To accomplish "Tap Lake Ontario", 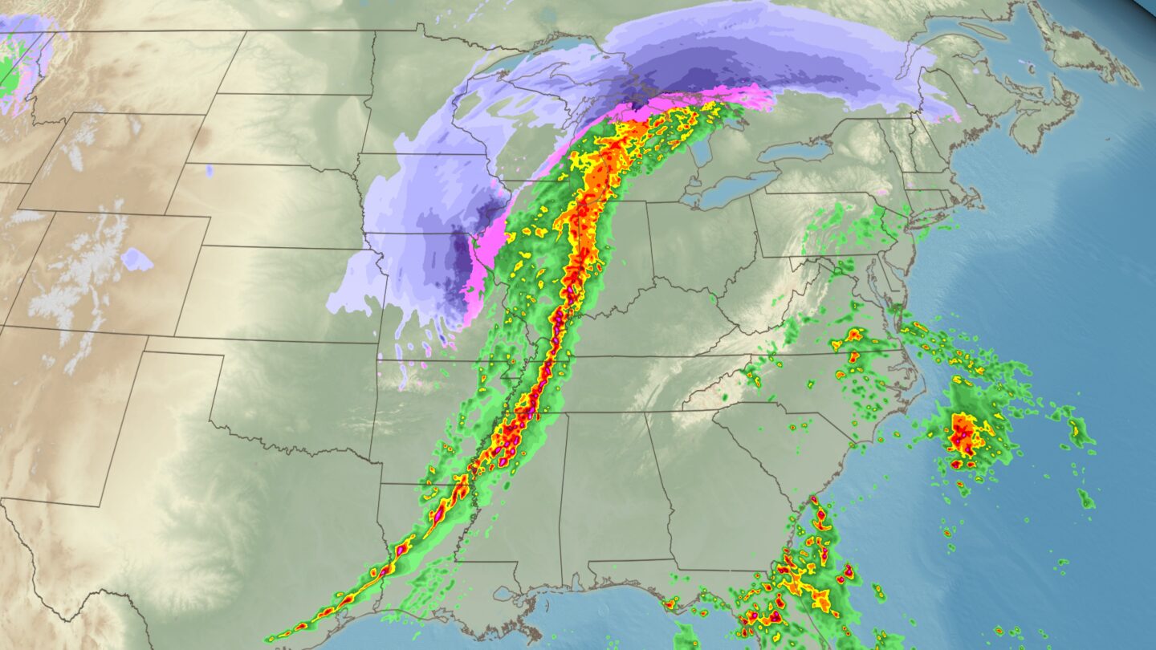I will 795,152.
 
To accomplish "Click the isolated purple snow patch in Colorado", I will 136,259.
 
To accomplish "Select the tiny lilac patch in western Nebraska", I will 209,170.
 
